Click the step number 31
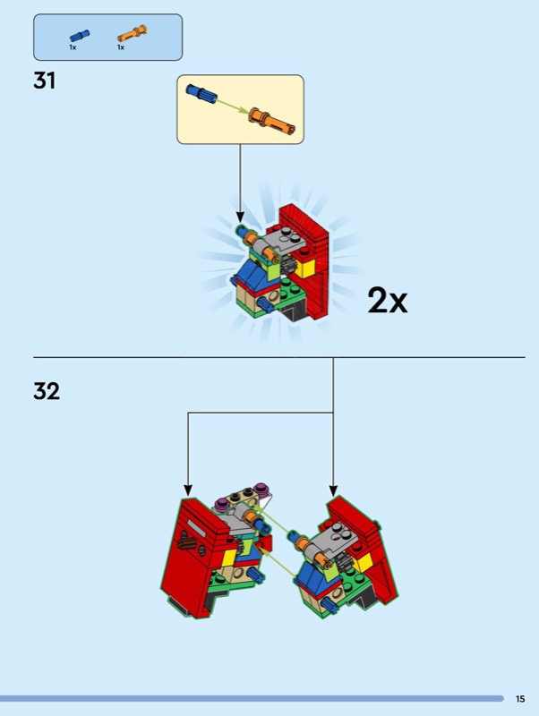(44, 81)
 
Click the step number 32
(47, 391)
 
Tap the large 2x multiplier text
(388, 301)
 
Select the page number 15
(520, 699)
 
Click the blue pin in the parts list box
(80, 36)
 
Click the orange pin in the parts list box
(132, 33)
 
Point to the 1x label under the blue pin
(73, 47)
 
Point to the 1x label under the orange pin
(121, 47)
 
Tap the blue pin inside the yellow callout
(201, 93)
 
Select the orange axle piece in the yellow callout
(272, 121)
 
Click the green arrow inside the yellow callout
(233, 106)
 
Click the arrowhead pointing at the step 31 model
(240, 217)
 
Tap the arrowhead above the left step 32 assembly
(188, 490)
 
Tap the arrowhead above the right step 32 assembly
(333, 490)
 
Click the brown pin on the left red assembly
(188, 544)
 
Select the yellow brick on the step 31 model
(304, 268)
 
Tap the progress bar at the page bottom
(252, 699)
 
